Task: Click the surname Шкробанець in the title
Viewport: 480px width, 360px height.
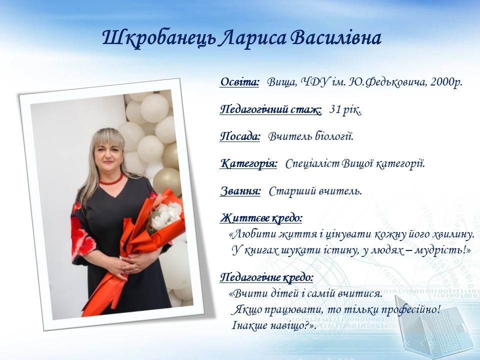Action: (x=158, y=38)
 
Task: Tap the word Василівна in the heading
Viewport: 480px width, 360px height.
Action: (x=335, y=38)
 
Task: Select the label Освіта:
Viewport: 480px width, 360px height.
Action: (x=239, y=81)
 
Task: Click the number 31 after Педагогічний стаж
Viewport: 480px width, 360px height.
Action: (x=335, y=109)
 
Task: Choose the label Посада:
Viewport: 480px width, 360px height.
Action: (x=240, y=136)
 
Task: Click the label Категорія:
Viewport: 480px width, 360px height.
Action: (x=248, y=163)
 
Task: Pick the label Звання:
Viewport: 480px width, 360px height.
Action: (x=240, y=191)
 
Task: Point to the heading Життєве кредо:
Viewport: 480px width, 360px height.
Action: (x=261, y=218)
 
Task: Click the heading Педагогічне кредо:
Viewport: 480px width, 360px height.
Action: (x=266, y=277)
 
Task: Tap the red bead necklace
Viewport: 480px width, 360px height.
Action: (x=111, y=179)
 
